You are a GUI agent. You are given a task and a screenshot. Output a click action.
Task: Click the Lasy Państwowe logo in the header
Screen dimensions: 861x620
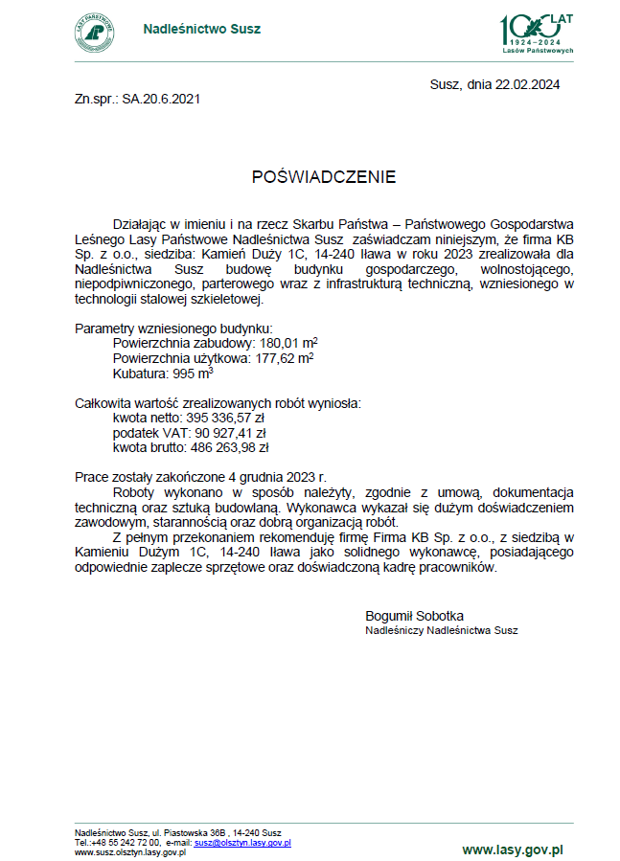[94, 31]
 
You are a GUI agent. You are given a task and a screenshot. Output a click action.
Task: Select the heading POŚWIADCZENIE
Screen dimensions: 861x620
[323, 177]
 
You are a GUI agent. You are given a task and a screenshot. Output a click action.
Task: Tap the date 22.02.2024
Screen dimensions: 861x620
[527, 84]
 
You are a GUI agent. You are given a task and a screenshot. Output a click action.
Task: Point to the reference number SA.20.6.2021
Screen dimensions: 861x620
[161, 99]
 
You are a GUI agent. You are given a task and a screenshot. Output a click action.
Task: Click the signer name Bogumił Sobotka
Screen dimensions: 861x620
[414, 615]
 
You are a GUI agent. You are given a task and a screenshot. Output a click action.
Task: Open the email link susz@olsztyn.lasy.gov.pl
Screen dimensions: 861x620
[242, 843]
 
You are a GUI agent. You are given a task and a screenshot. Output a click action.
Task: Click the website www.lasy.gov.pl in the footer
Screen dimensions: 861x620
[512, 850]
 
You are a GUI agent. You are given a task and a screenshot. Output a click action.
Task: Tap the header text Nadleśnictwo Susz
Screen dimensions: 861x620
[201, 29]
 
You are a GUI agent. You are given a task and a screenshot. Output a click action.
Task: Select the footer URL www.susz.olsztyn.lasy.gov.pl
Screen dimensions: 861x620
[129, 852]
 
